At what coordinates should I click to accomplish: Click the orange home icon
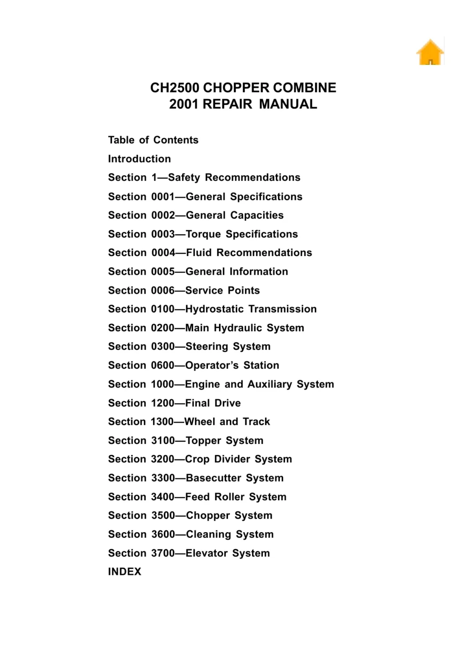[x=430, y=52]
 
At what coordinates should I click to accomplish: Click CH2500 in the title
[x=175, y=88]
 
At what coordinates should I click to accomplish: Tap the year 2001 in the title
[x=184, y=104]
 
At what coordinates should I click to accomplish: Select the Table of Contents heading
[x=153, y=140]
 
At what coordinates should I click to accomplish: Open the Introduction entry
[x=139, y=159]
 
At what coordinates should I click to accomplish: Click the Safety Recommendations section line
[x=204, y=177]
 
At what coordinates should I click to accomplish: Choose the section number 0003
[x=163, y=234]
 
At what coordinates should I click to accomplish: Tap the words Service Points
[x=222, y=290]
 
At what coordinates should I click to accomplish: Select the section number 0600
[x=163, y=365]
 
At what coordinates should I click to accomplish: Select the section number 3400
[x=163, y=497]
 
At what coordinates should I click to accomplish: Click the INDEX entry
[x=124, y=572]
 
